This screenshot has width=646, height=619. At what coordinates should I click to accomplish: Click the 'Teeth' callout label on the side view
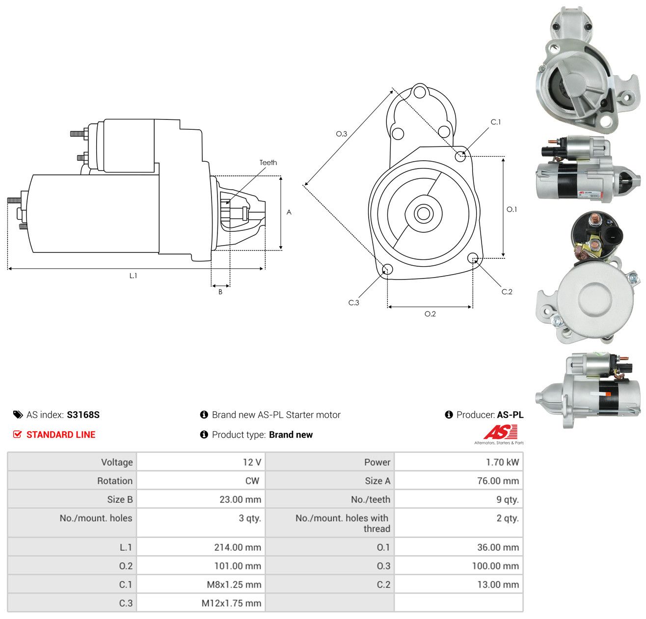(268, 163)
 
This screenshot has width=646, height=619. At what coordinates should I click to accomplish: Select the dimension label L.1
(133, 276)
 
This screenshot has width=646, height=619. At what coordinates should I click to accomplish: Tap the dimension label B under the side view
(220, 292)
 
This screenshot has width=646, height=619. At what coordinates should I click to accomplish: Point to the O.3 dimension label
(341, 134)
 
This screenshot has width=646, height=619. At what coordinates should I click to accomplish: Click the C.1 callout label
(495, 122)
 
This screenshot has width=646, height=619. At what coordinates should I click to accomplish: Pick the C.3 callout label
(353, 303)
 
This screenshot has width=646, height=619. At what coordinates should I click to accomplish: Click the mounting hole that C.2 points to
(473, 258)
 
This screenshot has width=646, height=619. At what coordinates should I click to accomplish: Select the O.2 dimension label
(430, 313)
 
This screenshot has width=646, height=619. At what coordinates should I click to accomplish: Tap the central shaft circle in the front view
(423, 214)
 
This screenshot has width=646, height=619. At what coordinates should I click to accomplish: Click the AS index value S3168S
(83, 415)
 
